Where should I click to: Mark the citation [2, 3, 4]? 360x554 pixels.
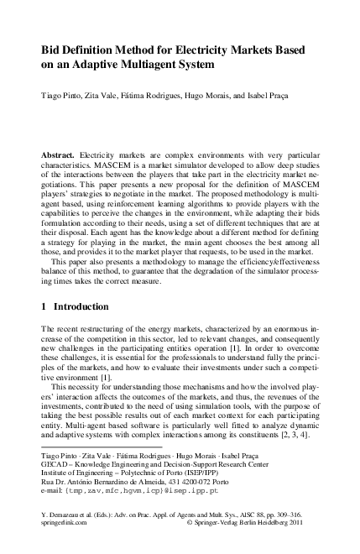[x=295, y=435]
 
